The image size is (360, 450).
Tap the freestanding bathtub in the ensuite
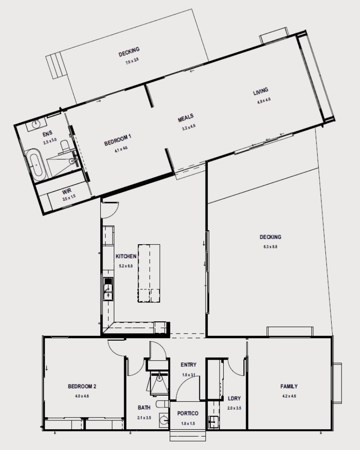click(x=36, y=165)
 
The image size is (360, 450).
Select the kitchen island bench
click(x=149, y=273)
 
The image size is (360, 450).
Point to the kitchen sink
click(x=108, y=288)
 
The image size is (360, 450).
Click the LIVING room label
click(x=261, y=93)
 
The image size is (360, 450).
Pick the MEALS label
click(x=185, y=119)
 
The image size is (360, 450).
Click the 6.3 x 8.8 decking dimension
click(x=270, y=247)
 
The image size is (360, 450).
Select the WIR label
click(x=67, y=191)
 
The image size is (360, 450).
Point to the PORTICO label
click(x=187, y=414)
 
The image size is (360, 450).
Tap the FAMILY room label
click(x=289, y=387)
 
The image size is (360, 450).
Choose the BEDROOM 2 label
click(x=82, y=386)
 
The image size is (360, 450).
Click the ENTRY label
click(x=189, y=365)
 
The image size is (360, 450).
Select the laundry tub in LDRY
click(x=213, y=422)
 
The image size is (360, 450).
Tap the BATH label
click(x=144, y=408)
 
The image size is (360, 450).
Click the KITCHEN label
click(x=126, y=256)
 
